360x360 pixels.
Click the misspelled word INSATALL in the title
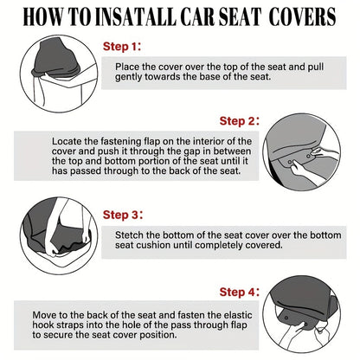130,16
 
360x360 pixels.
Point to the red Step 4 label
238,292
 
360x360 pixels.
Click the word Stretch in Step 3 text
132,235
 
